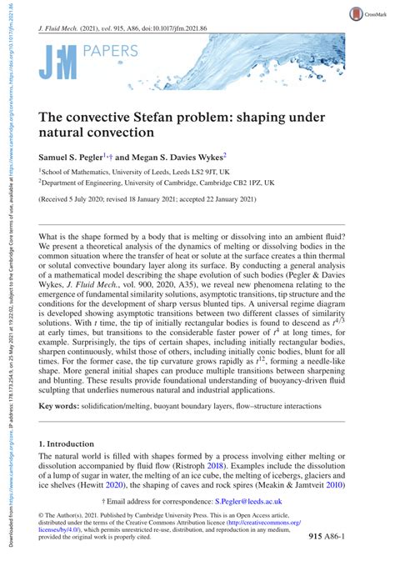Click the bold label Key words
click(x=58, y=428)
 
